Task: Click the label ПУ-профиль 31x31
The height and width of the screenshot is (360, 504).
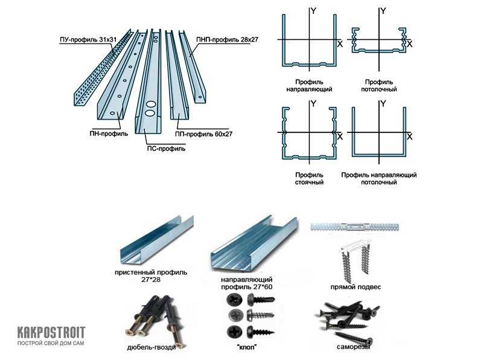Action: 88,40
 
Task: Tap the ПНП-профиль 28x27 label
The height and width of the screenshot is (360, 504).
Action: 227,40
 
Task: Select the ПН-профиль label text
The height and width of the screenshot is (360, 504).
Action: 109,133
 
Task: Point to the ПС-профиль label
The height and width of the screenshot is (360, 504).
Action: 166,149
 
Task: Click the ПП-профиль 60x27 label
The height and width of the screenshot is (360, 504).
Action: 204,134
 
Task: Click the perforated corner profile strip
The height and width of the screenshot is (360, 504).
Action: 103,68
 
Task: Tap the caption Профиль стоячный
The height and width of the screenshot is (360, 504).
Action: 309,179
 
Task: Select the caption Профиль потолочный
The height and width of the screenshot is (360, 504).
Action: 379,86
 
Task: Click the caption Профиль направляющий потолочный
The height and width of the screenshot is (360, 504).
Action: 379,179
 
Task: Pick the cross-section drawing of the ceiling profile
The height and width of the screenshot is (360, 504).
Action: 379,40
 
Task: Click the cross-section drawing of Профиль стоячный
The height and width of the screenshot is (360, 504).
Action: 309,133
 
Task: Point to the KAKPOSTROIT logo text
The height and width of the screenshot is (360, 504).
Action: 51,332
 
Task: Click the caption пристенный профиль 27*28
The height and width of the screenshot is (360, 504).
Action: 151,276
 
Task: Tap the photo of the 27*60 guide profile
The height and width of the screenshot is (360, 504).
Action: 254,242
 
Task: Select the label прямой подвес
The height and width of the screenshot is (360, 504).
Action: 356,287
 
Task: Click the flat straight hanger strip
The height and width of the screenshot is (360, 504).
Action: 355,227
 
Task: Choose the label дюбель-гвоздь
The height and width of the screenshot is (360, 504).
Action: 152,347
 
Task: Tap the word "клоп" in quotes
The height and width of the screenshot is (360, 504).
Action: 246,347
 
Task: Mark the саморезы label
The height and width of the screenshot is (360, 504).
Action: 354,347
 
